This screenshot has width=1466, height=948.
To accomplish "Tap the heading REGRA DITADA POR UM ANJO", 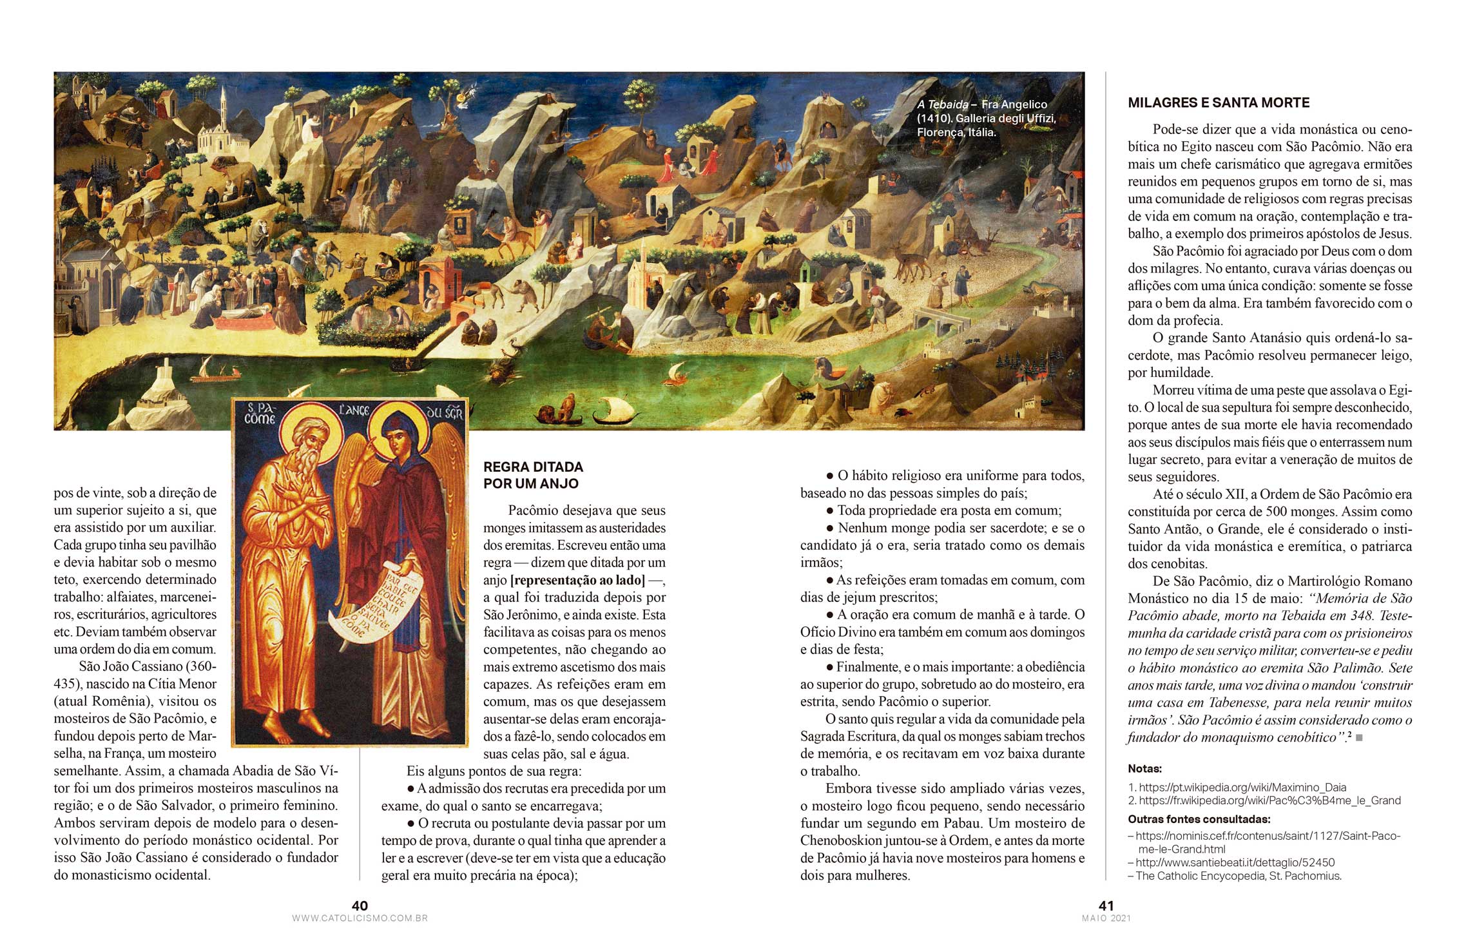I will click(x=533, y=475).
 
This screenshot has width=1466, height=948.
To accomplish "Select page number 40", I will click(x=360, y=905).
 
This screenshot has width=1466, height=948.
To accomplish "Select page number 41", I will click(x=1106, y=905).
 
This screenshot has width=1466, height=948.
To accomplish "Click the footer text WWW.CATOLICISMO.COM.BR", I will click(x=360, y=918).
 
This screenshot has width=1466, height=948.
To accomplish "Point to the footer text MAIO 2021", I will click(x=1106, y=918).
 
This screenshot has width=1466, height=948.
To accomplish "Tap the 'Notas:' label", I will click(x=1144, y=769).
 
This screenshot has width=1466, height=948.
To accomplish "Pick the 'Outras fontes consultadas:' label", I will click(x=1199, y=820).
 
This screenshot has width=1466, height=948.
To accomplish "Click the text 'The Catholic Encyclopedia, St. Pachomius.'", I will click(x=1238, y=876).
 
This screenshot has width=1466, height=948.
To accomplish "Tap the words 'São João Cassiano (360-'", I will click(x=148, y=666).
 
